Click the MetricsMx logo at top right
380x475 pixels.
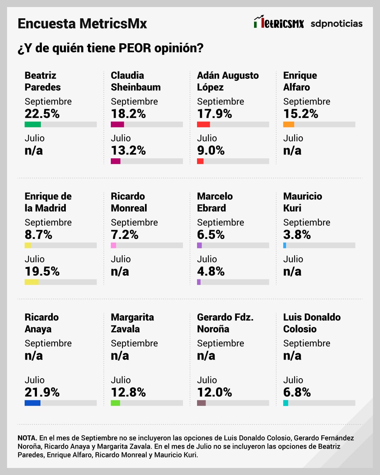pos(279,23)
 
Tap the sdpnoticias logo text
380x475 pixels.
pos(336,24)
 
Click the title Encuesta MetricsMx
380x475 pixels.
pos(82,24)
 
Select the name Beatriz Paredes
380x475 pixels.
pos(43,81)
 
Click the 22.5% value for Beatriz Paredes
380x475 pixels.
pos(42,114)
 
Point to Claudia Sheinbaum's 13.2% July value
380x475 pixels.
pos(128,151)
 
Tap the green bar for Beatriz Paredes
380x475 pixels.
pos(33,124)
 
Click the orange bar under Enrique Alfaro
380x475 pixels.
pos(289,124)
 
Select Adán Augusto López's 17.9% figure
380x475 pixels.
pos(215,114)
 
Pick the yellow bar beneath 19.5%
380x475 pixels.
pos(32,282)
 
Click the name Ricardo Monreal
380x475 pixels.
pos(129,202)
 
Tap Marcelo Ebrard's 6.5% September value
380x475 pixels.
pos(211,235)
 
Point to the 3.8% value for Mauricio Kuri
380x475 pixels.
pos(297,235)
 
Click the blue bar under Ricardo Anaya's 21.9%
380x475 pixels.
pos(32,403)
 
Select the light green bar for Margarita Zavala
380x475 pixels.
pos(115,403)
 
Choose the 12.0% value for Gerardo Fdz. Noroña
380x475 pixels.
pos(215,392)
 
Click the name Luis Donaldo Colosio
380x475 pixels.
pos(312,323)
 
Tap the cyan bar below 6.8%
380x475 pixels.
pos(286,403)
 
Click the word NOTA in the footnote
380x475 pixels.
pos(27,438)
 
